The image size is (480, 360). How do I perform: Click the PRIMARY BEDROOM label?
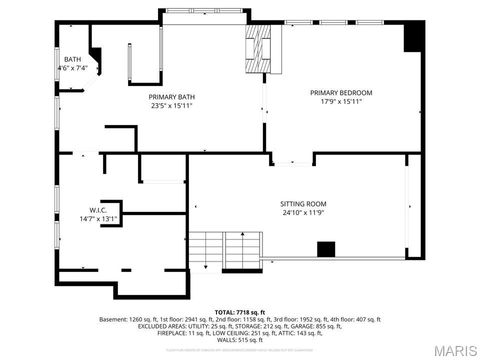click(x=341, y=92)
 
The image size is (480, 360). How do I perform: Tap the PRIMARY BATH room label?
click(x=172, y=96)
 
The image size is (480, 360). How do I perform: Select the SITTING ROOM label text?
click(x=303, y=204)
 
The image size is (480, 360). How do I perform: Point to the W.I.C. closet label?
click(x=97, y=210)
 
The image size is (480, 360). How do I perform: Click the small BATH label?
click(x=73, y=59)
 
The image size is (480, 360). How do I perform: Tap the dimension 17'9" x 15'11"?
click(x=341, y=101)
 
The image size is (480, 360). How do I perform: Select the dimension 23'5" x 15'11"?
click(x=172, y=105)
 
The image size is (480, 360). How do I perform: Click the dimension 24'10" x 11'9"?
click(x=303, y=213)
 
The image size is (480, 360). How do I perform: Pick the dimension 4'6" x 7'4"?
click(x=76, y=68)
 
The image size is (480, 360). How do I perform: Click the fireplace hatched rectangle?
click(x=260, y=45)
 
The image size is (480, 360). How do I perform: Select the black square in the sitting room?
click(x=325, y=248)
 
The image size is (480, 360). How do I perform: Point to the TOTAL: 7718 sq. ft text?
click(x=239, y=311)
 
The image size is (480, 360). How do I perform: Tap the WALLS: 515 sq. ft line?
click(x=239, y=339)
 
